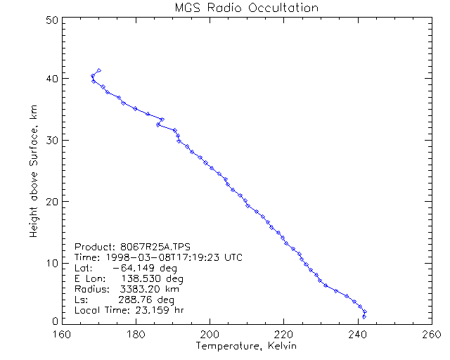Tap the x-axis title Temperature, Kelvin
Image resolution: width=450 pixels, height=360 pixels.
[246, 347]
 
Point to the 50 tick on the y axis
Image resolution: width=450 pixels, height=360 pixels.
[51, 19]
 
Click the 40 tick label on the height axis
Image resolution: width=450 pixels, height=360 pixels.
[51, 79]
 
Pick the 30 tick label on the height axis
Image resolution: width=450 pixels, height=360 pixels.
[51, 141]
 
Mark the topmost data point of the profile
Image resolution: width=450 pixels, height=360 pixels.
[99, 70]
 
